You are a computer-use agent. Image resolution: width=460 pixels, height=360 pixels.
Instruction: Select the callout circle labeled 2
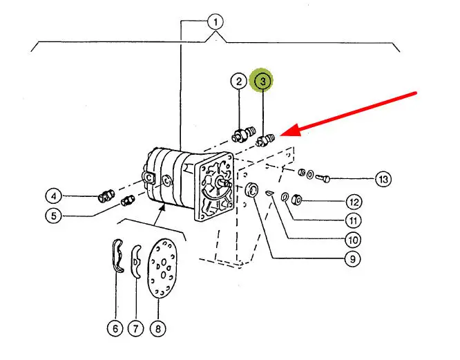tap(238, 82)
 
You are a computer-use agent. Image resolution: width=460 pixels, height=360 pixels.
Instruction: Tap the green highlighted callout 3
tap(262, 82)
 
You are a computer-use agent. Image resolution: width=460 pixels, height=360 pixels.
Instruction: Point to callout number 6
tap(115, 329)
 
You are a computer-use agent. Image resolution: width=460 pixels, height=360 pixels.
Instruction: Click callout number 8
tap(158, 329)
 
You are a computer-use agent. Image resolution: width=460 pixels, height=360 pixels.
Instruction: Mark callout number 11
tap(353, 221)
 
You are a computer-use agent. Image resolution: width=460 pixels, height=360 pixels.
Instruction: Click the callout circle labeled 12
tap(353, 203)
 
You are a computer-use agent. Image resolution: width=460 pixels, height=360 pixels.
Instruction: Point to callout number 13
tap(383, 180)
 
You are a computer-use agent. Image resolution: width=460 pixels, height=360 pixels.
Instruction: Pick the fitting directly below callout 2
tap(242, 133)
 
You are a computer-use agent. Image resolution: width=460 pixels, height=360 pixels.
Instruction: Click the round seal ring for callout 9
tap(252, 191)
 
